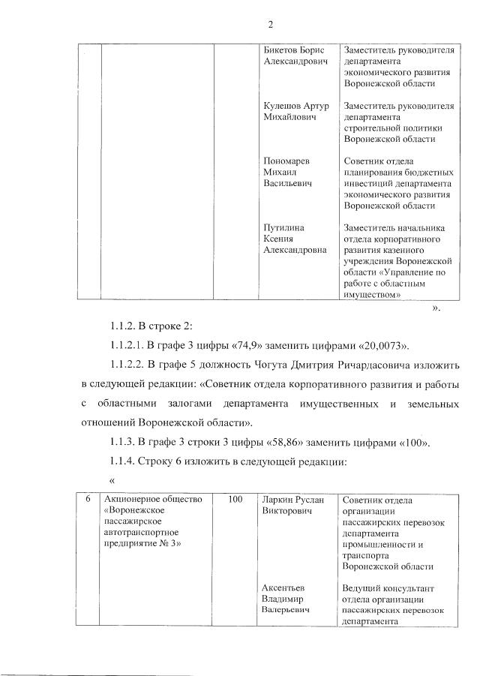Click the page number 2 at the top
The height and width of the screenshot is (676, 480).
tap(270, 25)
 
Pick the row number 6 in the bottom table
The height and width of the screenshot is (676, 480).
tap(88, 500)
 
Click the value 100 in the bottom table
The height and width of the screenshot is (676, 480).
tap(235, 500)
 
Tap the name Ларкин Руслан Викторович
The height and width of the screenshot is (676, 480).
tap(293, 505)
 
